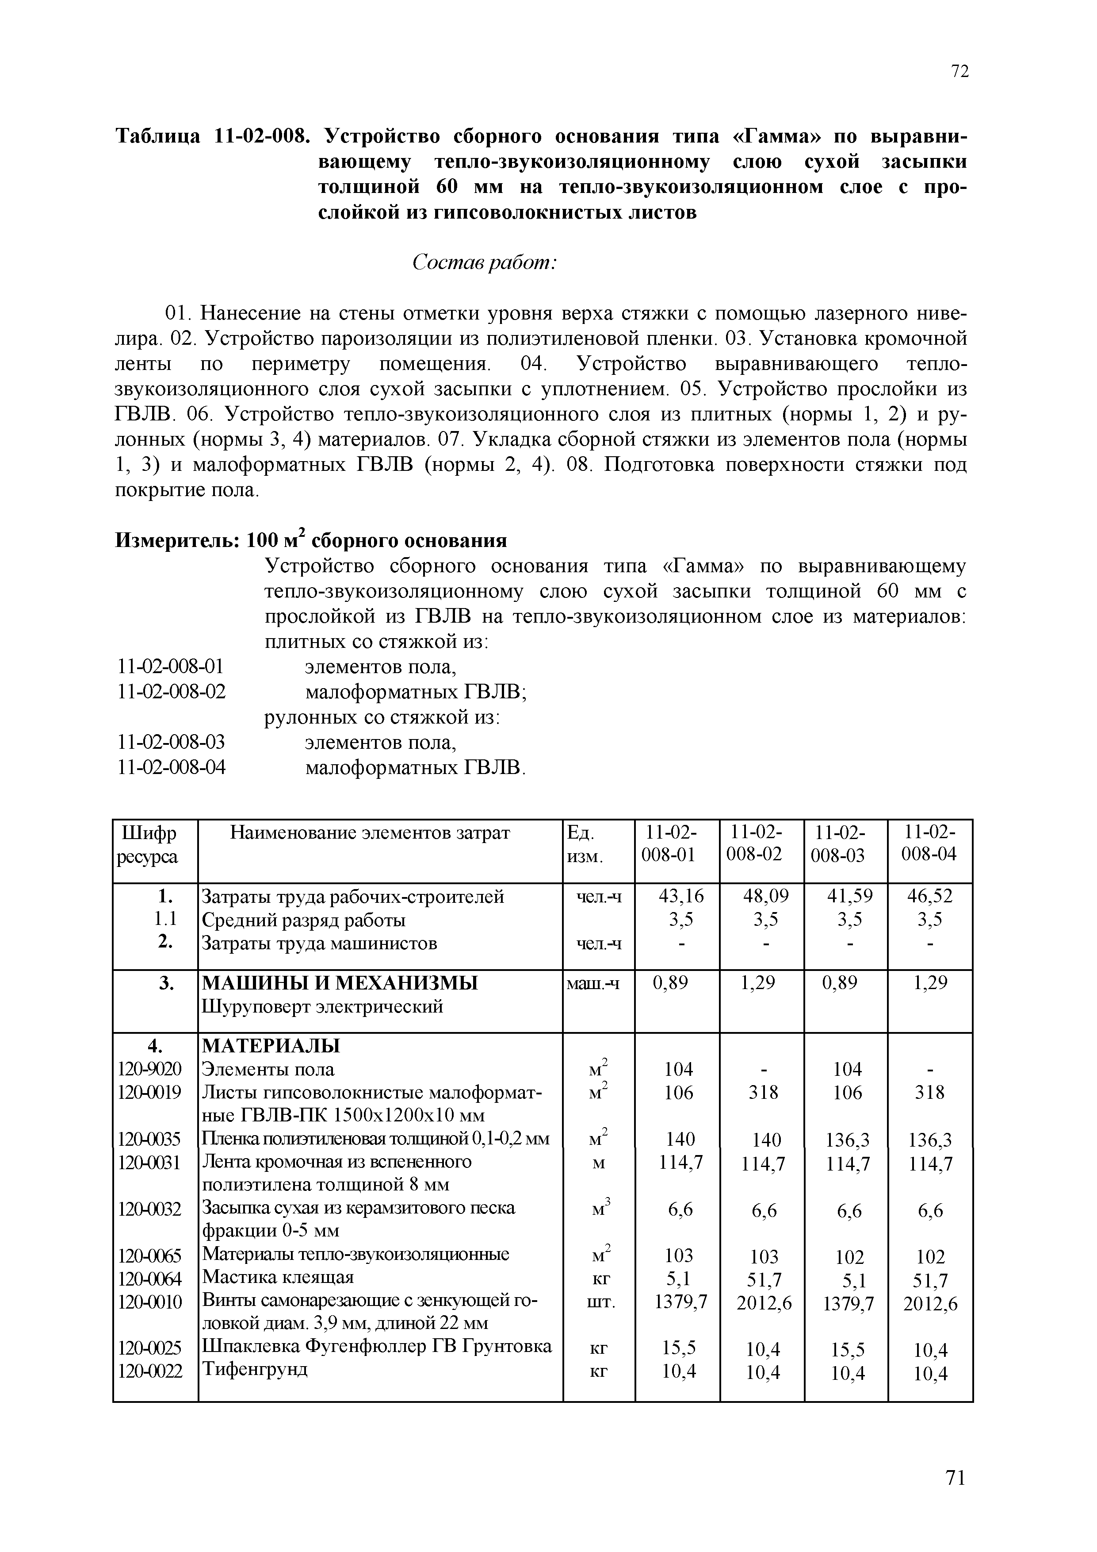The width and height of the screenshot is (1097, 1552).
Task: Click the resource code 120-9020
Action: pyautogui.click(x=150, y=1069)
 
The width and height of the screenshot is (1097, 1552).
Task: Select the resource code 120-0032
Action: pyautogui.click(x=150, y=1208)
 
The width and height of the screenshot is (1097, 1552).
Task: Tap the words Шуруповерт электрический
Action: pyautogui.click(x=323, y=1006)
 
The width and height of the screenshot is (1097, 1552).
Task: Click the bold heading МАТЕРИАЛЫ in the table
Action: pyautogui.click(x=271, y=1046)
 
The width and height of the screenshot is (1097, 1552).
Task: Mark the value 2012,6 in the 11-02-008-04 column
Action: pyautogui.click(x=930, y=1303)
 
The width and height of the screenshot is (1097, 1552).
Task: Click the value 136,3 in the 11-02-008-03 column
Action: pyautogui.click(x=848, y=1140)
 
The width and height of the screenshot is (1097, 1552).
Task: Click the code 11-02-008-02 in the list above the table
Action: pyautogui.click(x=171, y=692)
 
